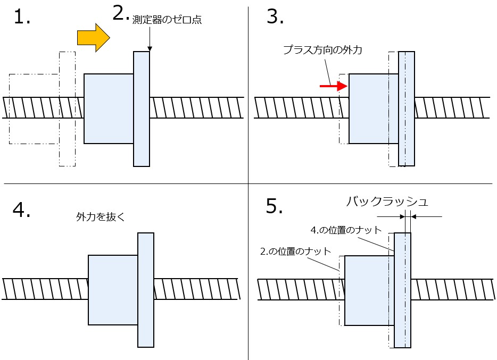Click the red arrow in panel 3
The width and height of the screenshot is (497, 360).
pyautogui.click(x=330, y=85)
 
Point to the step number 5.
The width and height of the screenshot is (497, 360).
pyautogui.click(x=275, y=206)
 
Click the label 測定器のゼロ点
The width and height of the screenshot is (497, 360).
pyautogui.click(x=167, y=20)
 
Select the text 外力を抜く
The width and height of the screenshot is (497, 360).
pyautogui.click(x=100, y=217)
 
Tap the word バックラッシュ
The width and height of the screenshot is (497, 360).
pyautogui.click(x=387, y=202)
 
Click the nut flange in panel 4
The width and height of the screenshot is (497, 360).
pyautogui.click(x=146, y=290)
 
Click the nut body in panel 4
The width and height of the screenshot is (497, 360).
pyautogui.click(x=113, y=290)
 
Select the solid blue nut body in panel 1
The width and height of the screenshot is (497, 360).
pyautogui.click(x=109, y=108)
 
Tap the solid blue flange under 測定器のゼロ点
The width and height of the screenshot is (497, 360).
pyautogui.click(x=142, y=108)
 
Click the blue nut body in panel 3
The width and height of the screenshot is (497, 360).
pyautogui.click(x=373, y=108)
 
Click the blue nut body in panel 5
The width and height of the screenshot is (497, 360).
pyautogui.click(x=369, y=290)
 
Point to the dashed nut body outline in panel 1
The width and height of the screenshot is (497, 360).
pyautogui.click(x=33, y=109)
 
